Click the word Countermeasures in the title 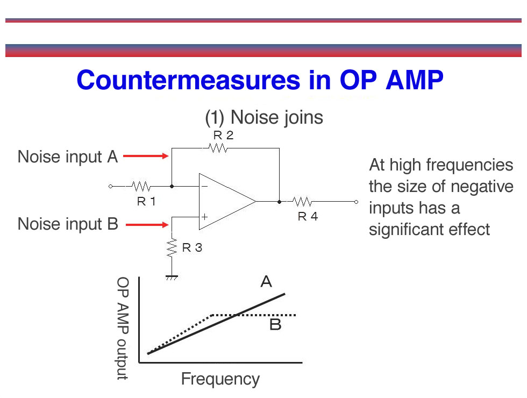(188, 80)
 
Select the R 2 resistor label (223, 135)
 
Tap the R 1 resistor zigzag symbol (141, 186)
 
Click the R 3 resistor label (192, 248)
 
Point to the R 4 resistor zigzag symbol (302, 202)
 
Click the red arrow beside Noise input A (146, 156)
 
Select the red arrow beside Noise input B (147, 225)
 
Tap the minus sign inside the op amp (205, 187)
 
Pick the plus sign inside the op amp (204, 217)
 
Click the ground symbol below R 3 (172, 278)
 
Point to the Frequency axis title (220, 380)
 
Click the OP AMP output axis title (123, 329)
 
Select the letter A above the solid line (266, 281)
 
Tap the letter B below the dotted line (275, 325)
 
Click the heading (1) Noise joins (264, 118)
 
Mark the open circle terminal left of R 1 (111, 186)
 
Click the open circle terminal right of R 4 (356, 202)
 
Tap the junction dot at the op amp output (279, 202)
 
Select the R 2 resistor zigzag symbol (218, 148)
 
